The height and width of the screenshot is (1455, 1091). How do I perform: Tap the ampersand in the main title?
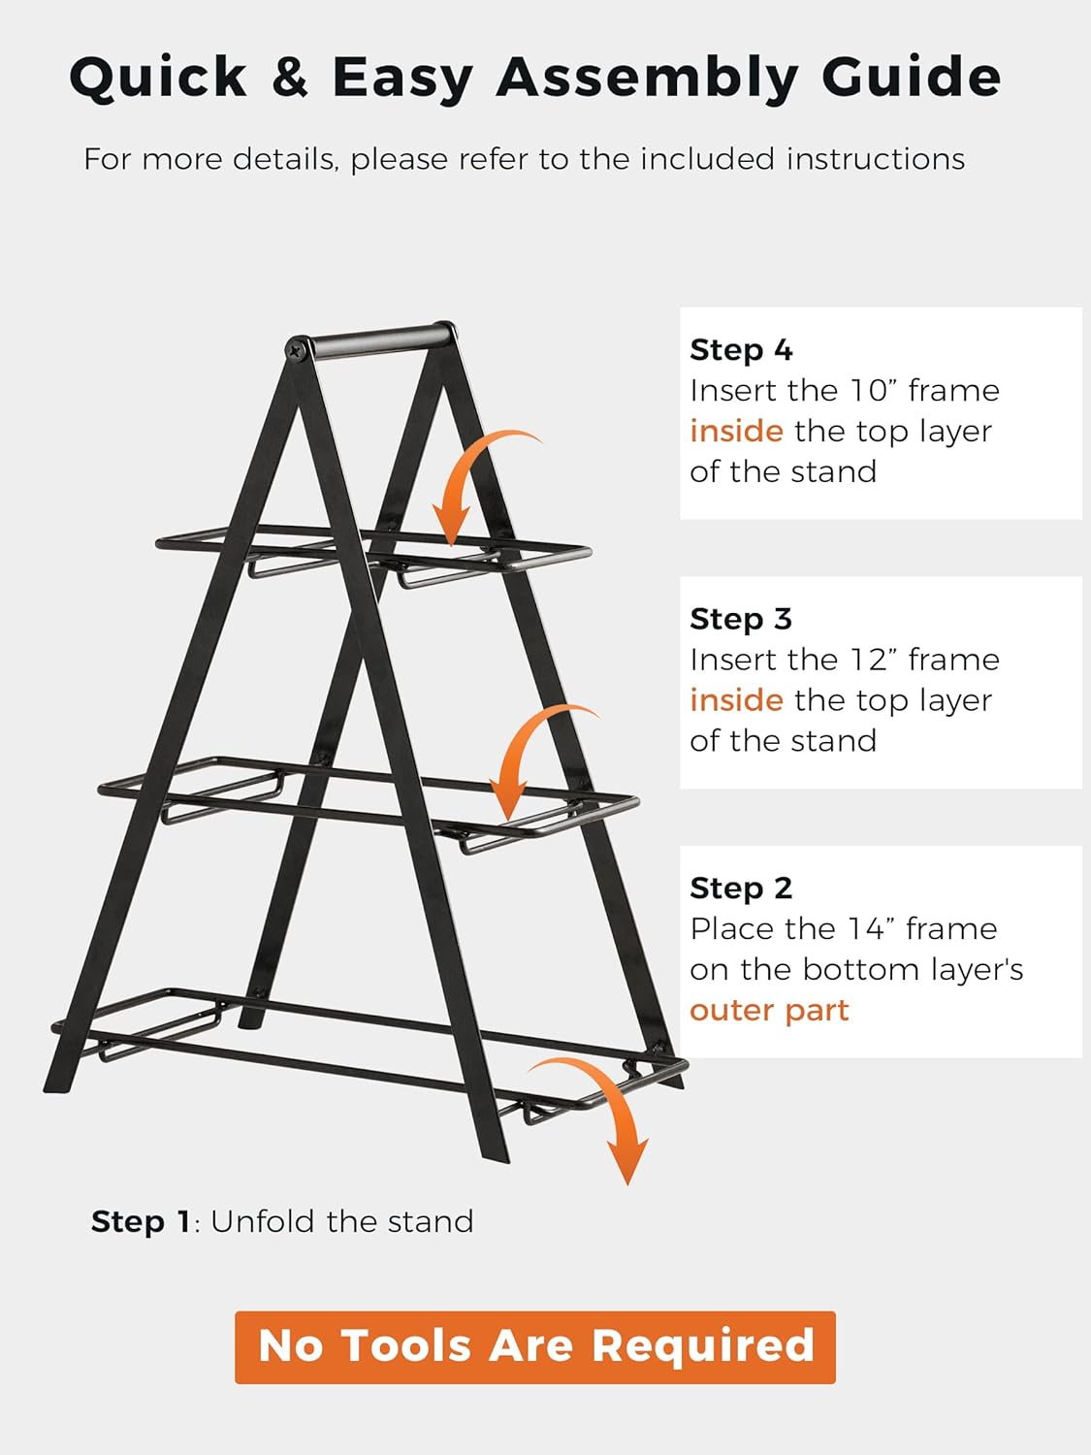click(289, 78)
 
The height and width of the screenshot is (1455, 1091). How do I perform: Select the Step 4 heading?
click(741, 349)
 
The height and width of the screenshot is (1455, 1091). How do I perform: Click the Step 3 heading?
click(741, 619)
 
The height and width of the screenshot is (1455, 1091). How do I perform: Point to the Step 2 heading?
click(741, 888)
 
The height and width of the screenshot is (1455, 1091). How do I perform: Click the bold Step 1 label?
click(141, 1221)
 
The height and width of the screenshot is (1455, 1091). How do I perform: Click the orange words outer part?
click(769, 1011)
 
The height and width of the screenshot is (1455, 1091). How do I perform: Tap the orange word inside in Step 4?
click(736, 431)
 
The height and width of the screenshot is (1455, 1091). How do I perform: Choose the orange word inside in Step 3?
click(736, 700)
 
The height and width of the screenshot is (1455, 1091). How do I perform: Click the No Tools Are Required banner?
click(535, 1346)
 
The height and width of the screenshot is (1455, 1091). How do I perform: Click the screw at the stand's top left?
click(297, 348)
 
